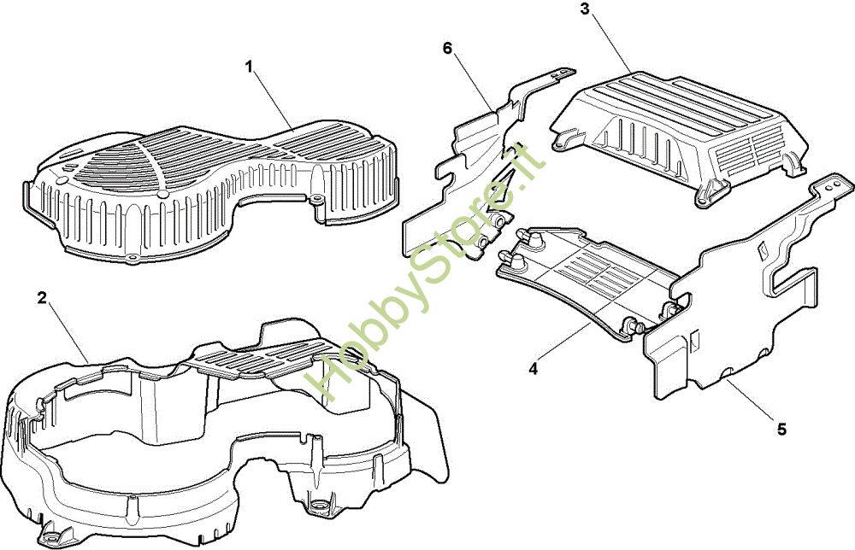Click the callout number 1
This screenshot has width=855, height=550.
click(249, 67)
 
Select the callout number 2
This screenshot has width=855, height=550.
click(42, 298)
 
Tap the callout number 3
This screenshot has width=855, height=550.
click(584, 9)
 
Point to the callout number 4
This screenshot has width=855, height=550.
click(533, 369)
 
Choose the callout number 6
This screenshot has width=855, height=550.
click(448, 49)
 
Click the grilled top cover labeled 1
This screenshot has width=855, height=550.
click(210, 193)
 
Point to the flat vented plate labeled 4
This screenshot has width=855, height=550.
click(592, 280)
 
